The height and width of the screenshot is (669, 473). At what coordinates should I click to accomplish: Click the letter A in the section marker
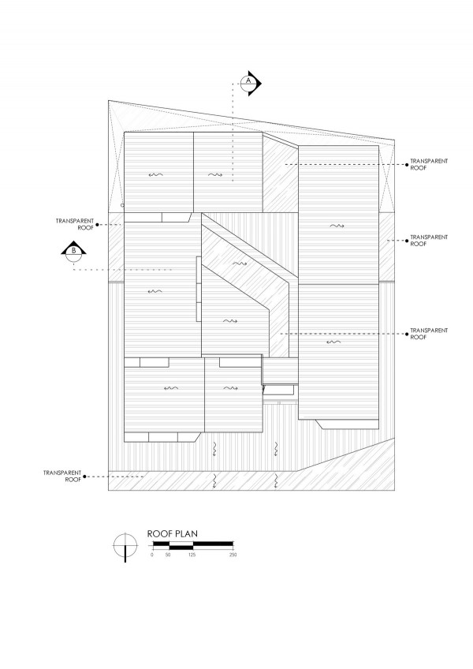249,80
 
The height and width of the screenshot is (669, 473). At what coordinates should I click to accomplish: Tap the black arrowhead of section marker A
257,84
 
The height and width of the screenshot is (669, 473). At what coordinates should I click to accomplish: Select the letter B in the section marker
74,251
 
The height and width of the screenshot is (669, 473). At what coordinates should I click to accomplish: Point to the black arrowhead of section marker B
74,248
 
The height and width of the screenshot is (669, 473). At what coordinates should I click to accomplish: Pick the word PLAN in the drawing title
186,534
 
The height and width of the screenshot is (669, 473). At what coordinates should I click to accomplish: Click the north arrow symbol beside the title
125,547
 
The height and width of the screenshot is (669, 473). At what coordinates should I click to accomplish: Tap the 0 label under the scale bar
152,555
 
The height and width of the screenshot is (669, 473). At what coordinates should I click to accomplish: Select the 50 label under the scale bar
168,555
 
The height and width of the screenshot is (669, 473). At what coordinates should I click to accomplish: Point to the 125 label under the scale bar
192,555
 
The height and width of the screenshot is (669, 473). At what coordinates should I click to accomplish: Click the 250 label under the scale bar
233,555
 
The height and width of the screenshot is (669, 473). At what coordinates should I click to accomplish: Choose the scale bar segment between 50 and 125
181,544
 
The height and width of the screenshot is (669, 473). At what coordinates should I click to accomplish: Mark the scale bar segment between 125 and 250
213,544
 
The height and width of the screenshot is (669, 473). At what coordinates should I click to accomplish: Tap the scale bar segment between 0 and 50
162,544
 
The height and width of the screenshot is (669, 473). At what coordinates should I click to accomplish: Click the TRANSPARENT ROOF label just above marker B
75,224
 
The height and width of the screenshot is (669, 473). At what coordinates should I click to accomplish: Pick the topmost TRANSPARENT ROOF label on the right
429,164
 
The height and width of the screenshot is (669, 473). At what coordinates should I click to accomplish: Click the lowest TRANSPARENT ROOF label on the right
429,334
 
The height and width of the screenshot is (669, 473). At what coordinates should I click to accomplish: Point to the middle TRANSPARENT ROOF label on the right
429,240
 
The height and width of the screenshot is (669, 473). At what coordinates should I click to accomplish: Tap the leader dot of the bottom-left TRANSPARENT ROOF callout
85,477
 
